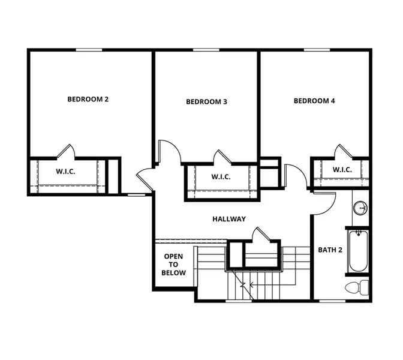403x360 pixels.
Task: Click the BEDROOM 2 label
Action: pyautogui.click(x=88, y=99)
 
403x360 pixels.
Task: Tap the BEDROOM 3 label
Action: pyautogui.click(x=206, y=102)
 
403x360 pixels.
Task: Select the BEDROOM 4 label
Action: pyautogui.click(x=314, y=101)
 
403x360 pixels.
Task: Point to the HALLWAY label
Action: pyautogui.click(x=229, y=219)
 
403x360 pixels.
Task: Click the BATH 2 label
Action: pyautogui.click(x=330, y=250)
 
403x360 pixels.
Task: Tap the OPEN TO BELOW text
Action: pyautogui.click(x=173, y=265)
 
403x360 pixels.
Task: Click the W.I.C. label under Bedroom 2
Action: pyautogui.click(x=65, y=172)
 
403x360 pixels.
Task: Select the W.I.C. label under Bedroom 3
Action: pyautogui.click(x=221, y=177)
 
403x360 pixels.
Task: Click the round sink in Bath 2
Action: pyautogui.click(x=360, y=208)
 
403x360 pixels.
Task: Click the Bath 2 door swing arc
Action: pyautogui.click(x=324, y=204)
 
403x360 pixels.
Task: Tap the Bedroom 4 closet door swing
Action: pyautogui.click(x=343, y=151)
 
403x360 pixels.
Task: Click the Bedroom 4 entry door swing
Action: pyautogui.click(x=296, y=175)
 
